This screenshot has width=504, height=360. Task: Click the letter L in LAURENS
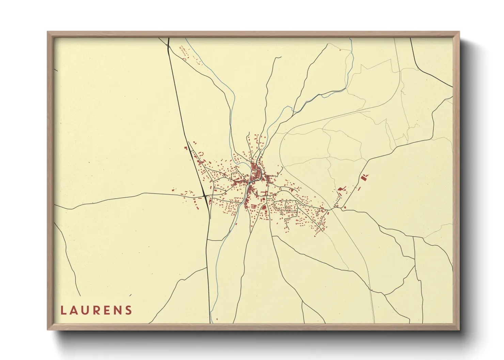[63, 310]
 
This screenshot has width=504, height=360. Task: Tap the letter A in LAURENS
[73, 310]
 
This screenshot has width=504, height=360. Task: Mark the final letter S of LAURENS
[128, 310]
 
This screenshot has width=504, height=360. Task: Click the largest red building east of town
[364, 177]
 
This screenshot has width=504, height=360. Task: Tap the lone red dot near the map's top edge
[340, 50]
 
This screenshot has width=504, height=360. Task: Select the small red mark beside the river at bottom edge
[217, 319]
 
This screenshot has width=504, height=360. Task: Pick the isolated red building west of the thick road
[186, 148]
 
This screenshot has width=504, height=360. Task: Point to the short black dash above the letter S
[130, 295]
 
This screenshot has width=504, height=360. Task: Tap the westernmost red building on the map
[173, 190]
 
